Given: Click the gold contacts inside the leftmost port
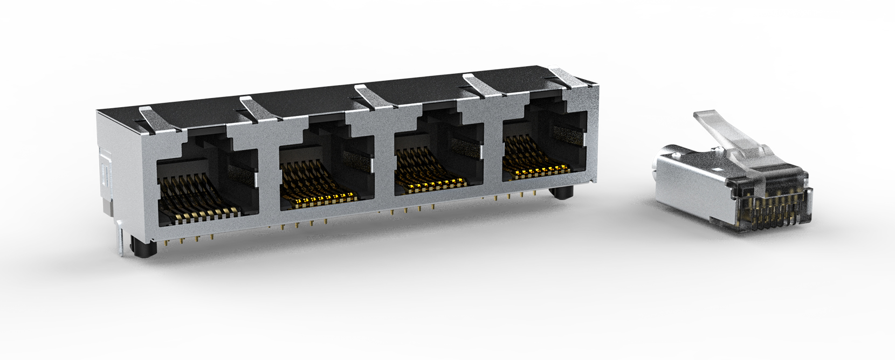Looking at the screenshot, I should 202,207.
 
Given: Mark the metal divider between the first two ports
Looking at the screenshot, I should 268,178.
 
